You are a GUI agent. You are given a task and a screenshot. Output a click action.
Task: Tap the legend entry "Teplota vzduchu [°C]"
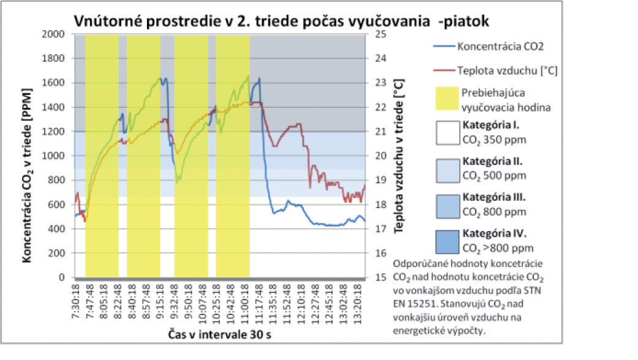[x=506, y=70]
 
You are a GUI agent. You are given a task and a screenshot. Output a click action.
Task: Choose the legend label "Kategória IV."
[x=494, y=234]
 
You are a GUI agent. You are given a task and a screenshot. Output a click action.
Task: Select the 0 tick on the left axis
[x=64, y=278]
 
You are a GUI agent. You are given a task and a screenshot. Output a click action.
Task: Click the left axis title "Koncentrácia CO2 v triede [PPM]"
[x=29, y=156]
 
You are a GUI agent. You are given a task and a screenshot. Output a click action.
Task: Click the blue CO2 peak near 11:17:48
[x=260, y=78]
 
